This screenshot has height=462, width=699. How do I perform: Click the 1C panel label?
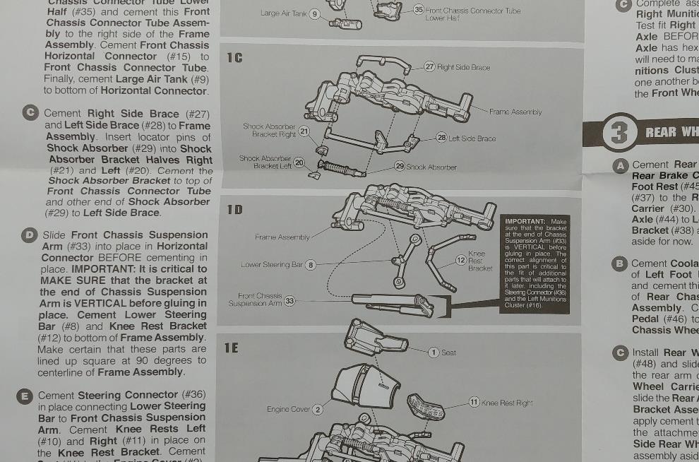pos(234,57)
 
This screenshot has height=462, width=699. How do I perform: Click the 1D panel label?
pos(234,210)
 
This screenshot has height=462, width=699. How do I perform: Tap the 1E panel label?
pos(232,348)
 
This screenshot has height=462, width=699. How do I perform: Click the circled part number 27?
pos(429,66)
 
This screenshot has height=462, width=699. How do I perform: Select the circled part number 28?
pos(441,137)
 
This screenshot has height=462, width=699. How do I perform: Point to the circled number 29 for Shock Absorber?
pos(399,166)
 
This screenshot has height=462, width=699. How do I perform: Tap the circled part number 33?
pos(289,302)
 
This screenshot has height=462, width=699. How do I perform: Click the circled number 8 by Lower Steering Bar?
pos(311,265)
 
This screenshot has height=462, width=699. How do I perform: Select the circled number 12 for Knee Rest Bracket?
pos(460,260)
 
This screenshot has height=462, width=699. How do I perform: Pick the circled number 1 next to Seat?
pos(434,352)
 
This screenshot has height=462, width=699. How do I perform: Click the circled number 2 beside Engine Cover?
pos(318,410)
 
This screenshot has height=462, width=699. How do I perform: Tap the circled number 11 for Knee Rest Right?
pos(474,402)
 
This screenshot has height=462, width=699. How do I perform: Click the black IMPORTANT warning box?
pos(536,262)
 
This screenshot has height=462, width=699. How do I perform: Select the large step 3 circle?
pos(619,133)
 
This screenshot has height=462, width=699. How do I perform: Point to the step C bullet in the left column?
pos(30,113)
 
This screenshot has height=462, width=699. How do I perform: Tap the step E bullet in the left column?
pos(24,396)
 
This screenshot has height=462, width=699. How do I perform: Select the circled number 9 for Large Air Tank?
pos(315,13)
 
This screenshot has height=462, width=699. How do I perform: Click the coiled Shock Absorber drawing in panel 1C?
pos(342,168)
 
